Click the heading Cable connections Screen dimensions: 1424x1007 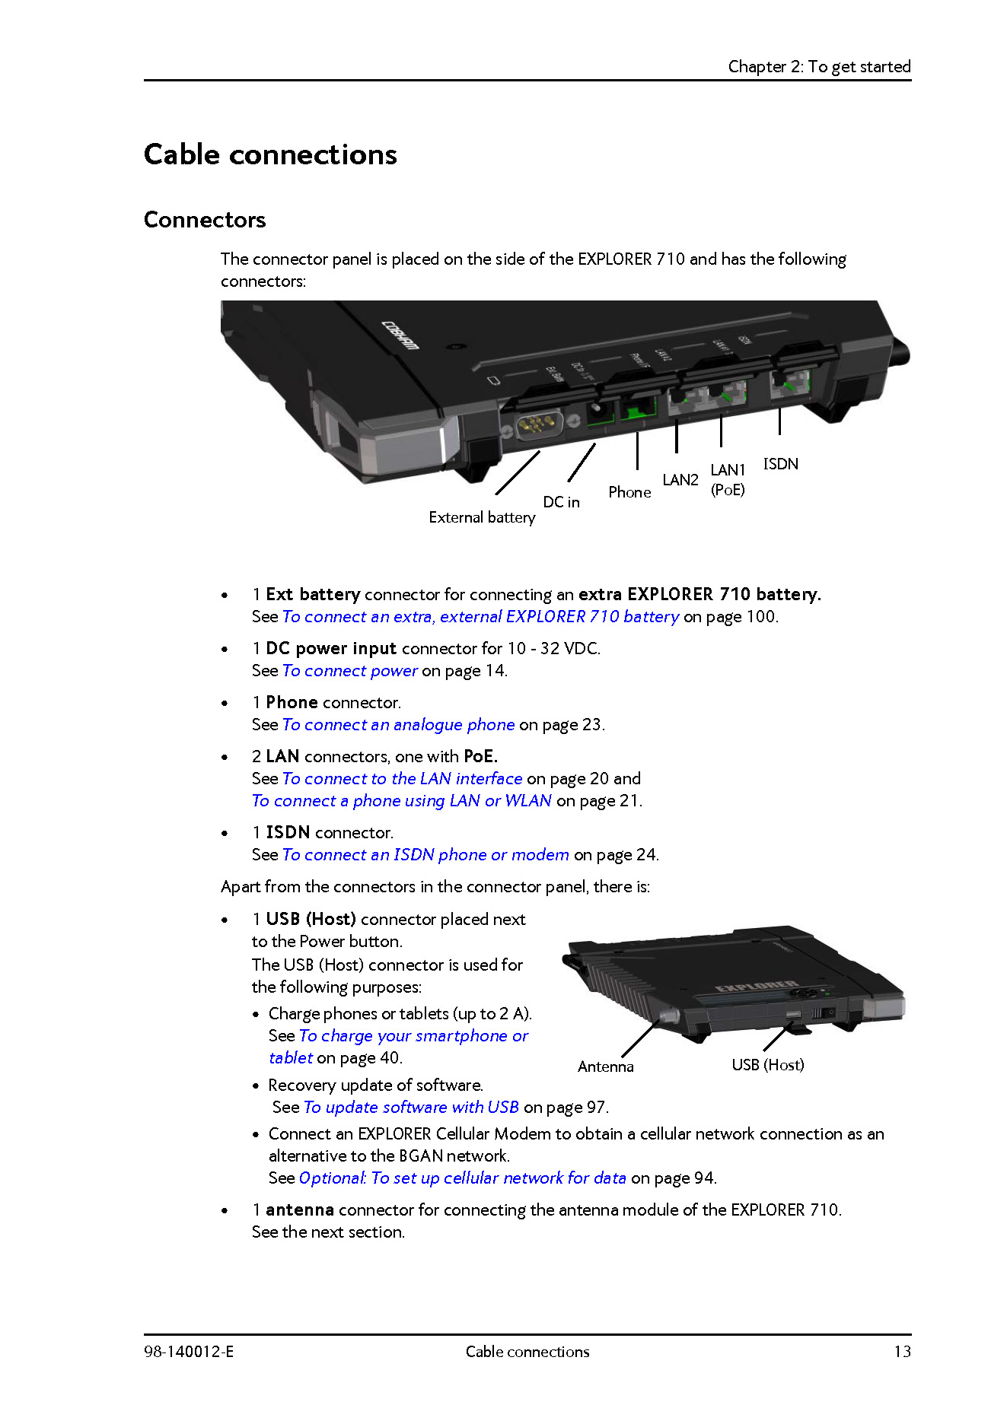(270, 154)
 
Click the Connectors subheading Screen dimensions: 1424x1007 (205, 220)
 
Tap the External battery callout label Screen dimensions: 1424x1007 (482, 517)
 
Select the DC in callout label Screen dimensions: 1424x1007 (561, 502)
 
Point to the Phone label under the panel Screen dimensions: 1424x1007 (629, 492)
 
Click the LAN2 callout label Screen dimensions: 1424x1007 (680, 480)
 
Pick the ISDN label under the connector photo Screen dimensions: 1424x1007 (780, 464)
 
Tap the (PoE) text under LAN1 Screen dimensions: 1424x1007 (728, 490)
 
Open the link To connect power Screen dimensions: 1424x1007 (350, 671)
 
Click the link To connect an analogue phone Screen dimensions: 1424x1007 (399, 725)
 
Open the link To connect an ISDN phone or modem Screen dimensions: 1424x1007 (425, 855)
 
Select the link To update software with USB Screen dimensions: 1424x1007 (411, 1108)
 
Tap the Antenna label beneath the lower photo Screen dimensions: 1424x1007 (605, 1066)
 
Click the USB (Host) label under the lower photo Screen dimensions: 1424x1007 (767, 1065)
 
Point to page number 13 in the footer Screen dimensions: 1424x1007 (902, 1352)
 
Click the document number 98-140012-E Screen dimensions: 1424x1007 (189, 1352)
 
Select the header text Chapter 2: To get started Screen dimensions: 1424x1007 (819, 67)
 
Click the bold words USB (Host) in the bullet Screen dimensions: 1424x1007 (311, 920)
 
